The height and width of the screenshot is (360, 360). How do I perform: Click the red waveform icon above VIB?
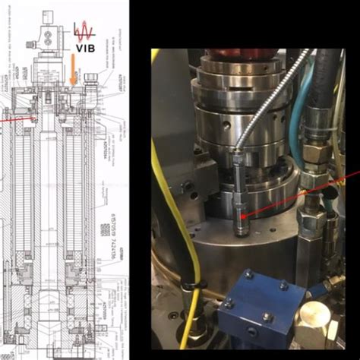click(86, 31)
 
